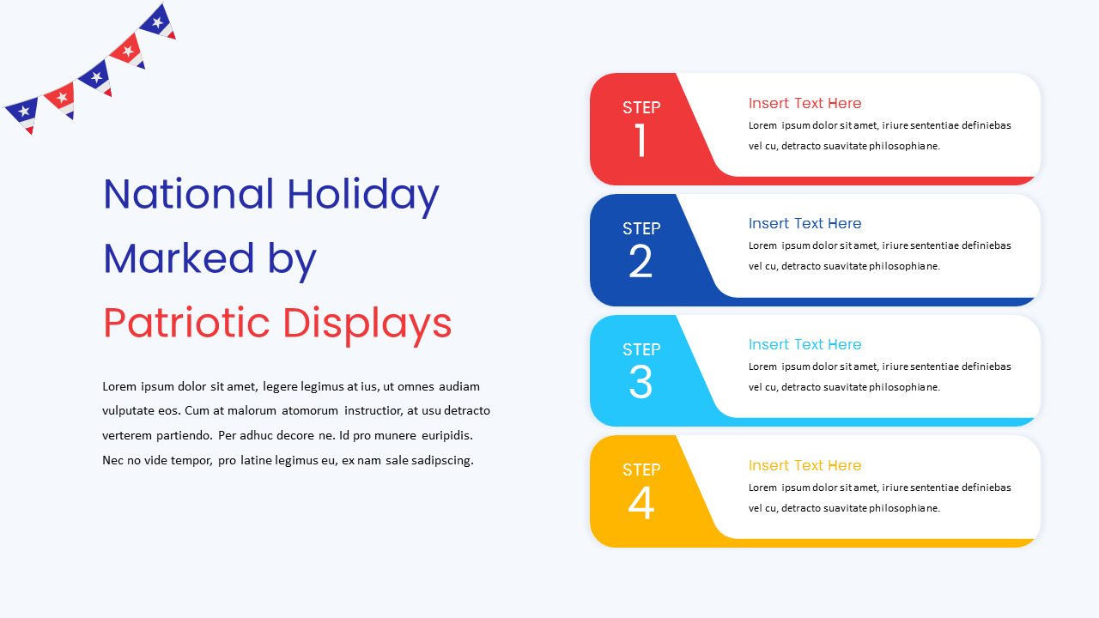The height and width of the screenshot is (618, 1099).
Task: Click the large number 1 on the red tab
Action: tap(641, 141)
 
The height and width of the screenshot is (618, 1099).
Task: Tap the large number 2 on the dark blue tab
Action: tap(641, 262)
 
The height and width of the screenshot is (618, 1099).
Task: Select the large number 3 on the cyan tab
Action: tap(641, 383)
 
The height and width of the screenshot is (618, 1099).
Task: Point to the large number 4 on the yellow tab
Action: tap(641, 504)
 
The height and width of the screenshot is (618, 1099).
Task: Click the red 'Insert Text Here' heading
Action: tap(805, 103)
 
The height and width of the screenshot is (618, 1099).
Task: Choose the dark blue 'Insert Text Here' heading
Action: tap(805, 223)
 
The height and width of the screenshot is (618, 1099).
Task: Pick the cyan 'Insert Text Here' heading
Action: tap(805, 344)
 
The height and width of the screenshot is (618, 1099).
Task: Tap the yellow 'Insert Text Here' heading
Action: tap(805, 465)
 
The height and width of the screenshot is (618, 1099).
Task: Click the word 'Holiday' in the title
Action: tap(363, 195)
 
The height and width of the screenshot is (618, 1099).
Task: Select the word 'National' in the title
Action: tap(189, 195)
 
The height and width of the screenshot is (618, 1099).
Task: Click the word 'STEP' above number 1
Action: tap(641, 107)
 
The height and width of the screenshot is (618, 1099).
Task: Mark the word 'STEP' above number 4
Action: tap(641, 470)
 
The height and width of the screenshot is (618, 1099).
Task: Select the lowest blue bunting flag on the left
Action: tap(22, 112)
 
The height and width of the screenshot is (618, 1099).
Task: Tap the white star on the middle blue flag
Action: tap(95, 77)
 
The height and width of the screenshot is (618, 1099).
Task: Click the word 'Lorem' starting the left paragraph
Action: tap(118, 386)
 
